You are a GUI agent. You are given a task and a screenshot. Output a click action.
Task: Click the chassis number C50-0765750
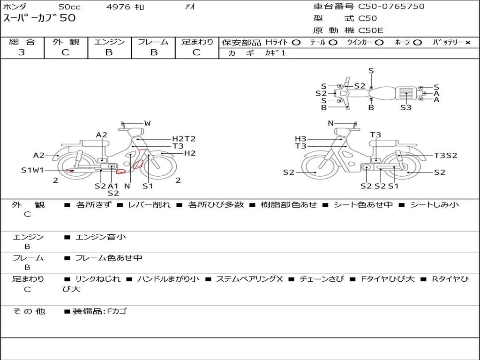point(391,7)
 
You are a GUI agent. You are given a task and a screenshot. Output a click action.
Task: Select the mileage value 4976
point(118,7)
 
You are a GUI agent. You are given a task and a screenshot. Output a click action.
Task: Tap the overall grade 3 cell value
point(22,52)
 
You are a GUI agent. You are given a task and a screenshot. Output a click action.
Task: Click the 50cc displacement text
point(69,7)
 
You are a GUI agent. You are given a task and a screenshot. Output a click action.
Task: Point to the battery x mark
point(467,43)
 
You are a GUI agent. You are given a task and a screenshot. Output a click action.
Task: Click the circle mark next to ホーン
point(417,43)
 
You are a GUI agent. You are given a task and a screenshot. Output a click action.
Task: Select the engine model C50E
point(370,30)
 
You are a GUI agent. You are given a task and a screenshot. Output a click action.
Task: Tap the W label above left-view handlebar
point(148,123)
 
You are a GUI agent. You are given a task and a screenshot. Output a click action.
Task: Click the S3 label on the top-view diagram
point(406,107)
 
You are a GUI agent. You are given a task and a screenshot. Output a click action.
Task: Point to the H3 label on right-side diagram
point(300,139)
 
